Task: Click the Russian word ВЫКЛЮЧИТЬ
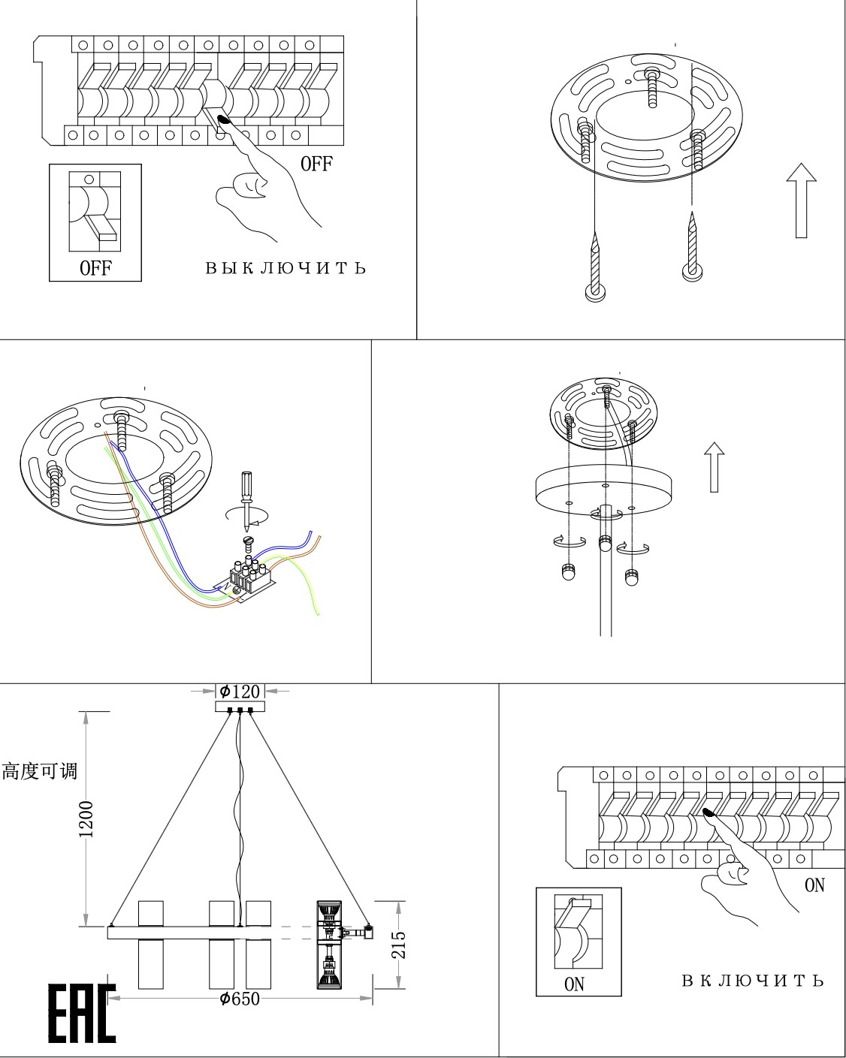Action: pyautogui.click(x=286, y=268)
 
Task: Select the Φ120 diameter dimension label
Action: pyautogui.click(x=240, y=691)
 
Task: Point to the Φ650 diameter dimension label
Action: pyautogui.click(x=240, y=999)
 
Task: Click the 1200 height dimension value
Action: pyautogui.click(x=87, y=818)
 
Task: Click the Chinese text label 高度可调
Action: pyautogui.click(x=40, y=771)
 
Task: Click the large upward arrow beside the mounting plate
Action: pyautogui.click(x=801, y=200)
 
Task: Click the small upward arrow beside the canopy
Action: pyautogui.click(x=714, y=467)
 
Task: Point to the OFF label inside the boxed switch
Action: pyautogui.click(x=95, y=268)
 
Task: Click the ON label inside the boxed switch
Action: pyautogui.click(x=574, y=984)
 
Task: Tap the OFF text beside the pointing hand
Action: pyautogui.click(x=316, y=164)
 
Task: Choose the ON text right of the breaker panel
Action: pyautogui.click(x=814, y=885)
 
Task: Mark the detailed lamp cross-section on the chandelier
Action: pyautogui.click(x=328, y=944)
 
